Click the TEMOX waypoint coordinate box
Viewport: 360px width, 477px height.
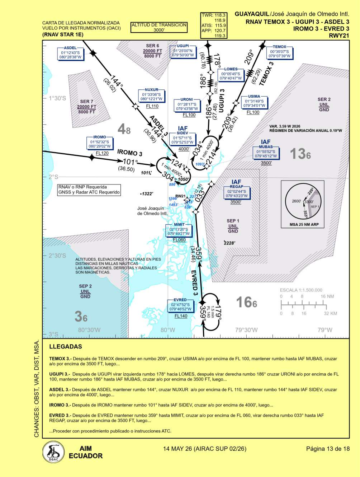click(279, 52)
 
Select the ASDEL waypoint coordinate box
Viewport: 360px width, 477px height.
click(70, 53)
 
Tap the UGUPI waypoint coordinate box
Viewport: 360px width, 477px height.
click(183, 51)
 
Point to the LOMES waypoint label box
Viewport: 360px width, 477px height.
click(231, 74)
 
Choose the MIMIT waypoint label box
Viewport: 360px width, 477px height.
click(179, 230)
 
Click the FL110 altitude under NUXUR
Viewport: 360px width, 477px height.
click(152, 106)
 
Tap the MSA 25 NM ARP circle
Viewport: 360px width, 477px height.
click(304, 201)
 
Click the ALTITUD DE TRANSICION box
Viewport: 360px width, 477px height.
click(159, 27)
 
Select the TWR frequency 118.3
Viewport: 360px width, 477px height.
click(214, 15)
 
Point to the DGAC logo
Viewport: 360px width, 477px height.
click(53, 452)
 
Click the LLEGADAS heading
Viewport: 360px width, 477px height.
click(66, 347)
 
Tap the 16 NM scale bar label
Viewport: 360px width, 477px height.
click(327, 296)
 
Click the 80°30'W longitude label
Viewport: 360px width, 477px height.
click(89, 330)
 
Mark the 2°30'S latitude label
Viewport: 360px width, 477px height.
click(57, 256)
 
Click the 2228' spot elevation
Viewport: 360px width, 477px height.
click(229, 243)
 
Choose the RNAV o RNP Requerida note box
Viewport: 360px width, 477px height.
click(89, 190)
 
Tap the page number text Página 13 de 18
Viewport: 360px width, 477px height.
click(328, 449)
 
